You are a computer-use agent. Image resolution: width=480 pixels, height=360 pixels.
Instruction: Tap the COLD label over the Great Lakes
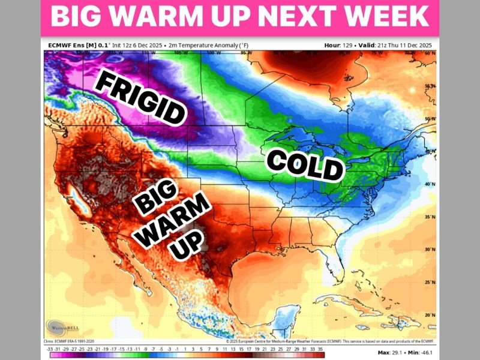pyautogui.click(x=304, y=165)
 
